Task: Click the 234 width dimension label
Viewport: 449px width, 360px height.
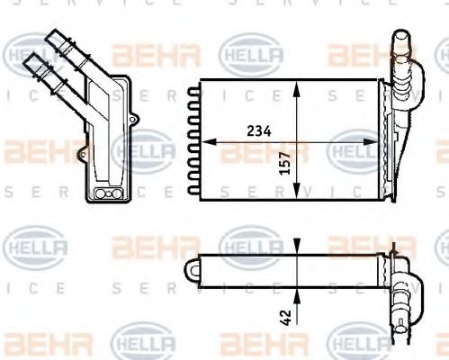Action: pyautogui.click(x=258, y=130)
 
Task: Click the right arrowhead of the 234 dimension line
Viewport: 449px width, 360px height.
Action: pyautogui.click(x=376, y=140)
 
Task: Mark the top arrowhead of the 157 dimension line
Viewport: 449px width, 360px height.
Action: pyautogui.click(x=296, y=84)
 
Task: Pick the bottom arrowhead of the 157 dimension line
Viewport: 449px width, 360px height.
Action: pyautogui.click(x=296, y=194)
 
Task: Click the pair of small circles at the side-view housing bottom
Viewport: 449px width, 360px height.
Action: pyautogui.click(x=105, y=193)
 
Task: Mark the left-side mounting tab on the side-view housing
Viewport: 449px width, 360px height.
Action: pyautogui.click(x=81, y=154)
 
